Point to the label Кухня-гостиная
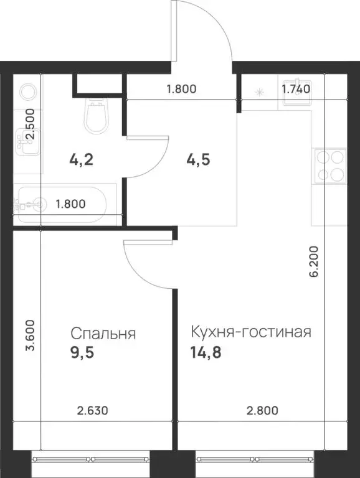250,332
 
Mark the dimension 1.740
296,88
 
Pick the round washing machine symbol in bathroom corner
28,92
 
